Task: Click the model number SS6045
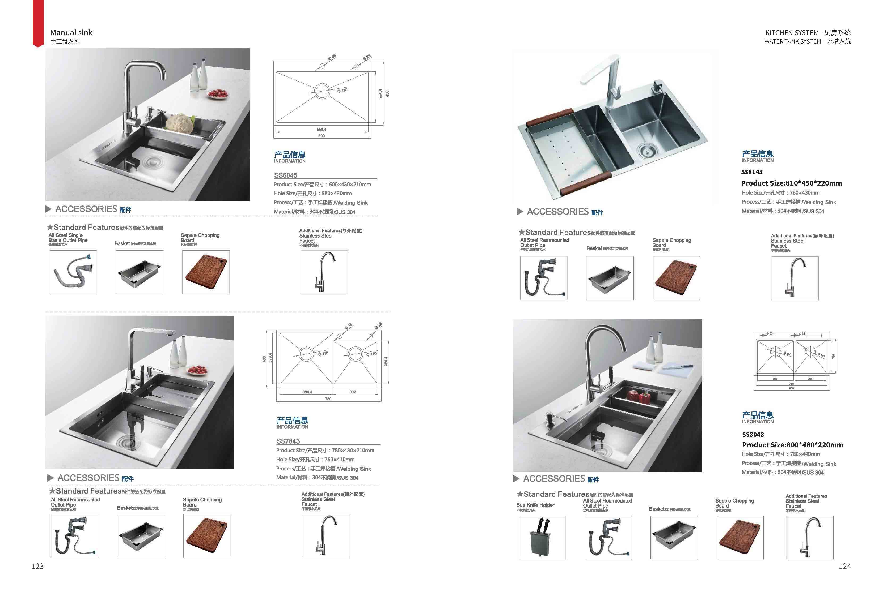tap(286, 175)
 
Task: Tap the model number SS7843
tap(288, 441)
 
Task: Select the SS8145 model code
tap(751, 172)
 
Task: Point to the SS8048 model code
tap(753, 435)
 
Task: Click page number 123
tap(37, 566)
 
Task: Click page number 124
tap(844, 566)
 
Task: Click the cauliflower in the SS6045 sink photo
tap(180, 123)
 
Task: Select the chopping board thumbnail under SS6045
tap(206, 272)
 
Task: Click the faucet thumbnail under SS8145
tap(794, 278)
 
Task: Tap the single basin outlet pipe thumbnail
tap(73, 272)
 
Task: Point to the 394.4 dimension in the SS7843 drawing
tap(307, 392)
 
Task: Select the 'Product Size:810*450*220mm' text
tap(791, 183)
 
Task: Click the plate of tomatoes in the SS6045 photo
tap(218, 93)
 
